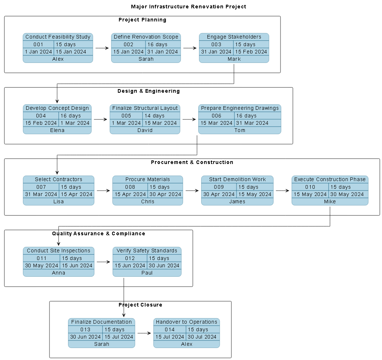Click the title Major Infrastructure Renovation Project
pos(188,7)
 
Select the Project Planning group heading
pos(142,20)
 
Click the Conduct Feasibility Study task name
pos(58,37)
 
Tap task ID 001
pos(38,44)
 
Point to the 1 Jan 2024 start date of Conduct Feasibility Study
pos(38,52)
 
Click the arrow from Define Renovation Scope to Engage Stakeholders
pos(190,48)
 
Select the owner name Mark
pos(234,59)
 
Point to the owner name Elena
pos(57,130)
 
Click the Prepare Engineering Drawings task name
pos(240,108)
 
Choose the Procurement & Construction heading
pos(192,162)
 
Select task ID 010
pos(310,187)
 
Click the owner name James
pos(237,201)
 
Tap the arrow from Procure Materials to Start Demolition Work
pos(192,190)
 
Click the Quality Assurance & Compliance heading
pos(99,233)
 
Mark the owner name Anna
pos(59,273)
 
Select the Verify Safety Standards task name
pos(147,251)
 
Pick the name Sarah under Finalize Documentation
pos(102,344)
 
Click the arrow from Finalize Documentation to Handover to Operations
pos(144,333)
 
